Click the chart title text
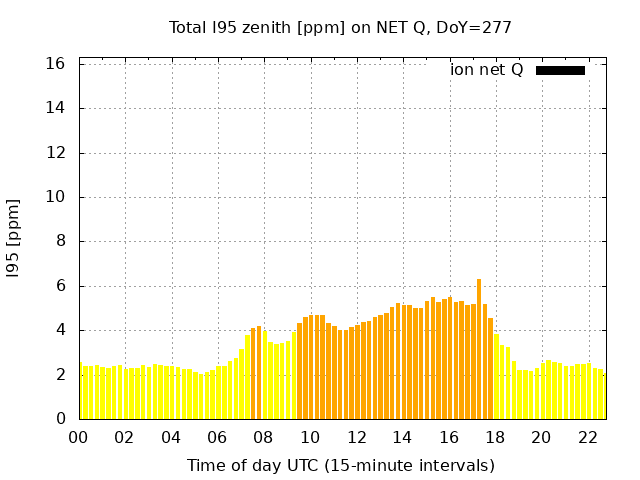340,27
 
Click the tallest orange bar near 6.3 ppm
479,349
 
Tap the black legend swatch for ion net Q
560,70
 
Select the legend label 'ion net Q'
486,70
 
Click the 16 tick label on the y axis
56,64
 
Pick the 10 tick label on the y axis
56,197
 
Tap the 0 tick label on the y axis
61,419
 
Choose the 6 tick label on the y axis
61,286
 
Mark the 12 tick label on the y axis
56,153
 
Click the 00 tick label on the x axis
79,438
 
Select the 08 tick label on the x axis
264,438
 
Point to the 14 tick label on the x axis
402,438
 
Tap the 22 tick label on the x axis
587,438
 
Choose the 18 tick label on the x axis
495,438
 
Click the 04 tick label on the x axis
171,438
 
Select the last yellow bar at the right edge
603,396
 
